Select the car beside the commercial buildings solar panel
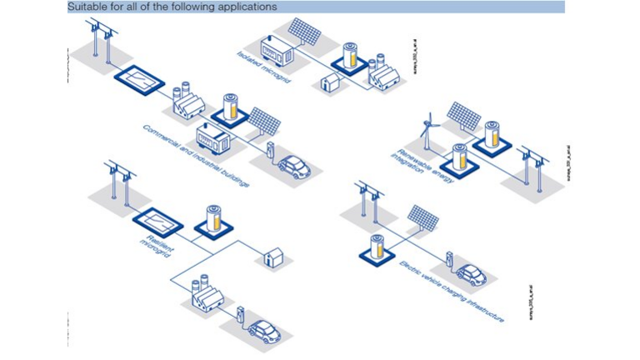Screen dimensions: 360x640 (x=293, y=166)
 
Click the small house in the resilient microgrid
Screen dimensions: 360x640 (x=272, y=256)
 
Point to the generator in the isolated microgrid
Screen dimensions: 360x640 (x=277, y=52)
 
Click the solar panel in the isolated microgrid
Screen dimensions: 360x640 (x=305, y=34)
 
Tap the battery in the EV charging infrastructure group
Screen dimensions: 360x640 (x=377, y=248)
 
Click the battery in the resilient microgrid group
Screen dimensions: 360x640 (x=214, y=218)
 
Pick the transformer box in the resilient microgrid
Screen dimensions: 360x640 (x=157, y=222)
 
